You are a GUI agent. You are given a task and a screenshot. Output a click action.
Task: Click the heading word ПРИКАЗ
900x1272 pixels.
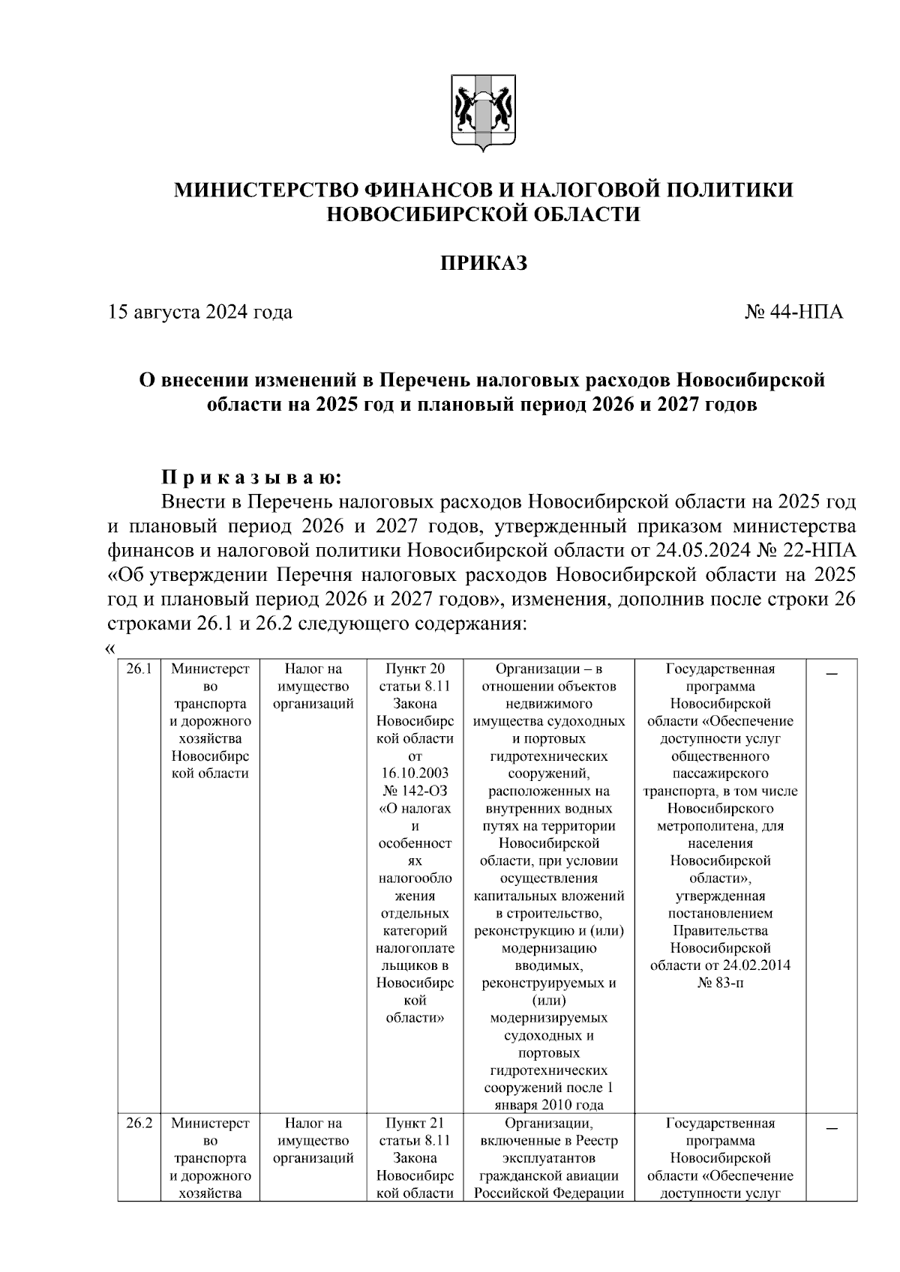483,263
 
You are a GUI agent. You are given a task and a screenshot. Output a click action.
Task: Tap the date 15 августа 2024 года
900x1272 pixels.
200,312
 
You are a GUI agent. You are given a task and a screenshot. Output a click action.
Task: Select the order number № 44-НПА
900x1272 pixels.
793,312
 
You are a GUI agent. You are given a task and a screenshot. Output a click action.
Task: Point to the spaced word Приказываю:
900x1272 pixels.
252,477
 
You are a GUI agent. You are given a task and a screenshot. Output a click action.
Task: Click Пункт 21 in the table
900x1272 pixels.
415,1124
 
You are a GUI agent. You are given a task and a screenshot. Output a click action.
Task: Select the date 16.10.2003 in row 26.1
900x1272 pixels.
415,774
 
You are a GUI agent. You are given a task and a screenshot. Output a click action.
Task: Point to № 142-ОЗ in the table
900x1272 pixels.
415,791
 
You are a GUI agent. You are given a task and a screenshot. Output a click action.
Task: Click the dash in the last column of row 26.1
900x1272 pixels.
832,674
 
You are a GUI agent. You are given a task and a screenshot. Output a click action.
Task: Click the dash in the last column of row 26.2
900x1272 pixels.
832,1128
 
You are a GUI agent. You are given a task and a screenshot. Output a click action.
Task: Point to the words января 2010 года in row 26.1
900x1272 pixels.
549,1106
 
